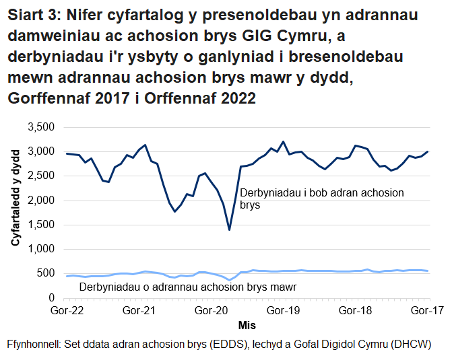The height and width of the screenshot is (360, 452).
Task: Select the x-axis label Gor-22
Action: pyautogui.click(x=67, y=311)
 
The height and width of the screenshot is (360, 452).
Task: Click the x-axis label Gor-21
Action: pyautogui.click(x=139, y=311)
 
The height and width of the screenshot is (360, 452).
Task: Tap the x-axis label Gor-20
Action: pyautogui.click(x=212, y=311)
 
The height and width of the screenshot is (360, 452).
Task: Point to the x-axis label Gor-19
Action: pyautogui.click(x=284, y=311)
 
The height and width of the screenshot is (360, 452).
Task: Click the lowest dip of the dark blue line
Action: pyautogui.click(x=229, y=229)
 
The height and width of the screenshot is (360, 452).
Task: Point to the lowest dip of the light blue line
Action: pyautogui.click(x=229, y=280)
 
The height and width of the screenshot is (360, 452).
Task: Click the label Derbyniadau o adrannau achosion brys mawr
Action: pyautogui.click(x=188, y=287)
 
